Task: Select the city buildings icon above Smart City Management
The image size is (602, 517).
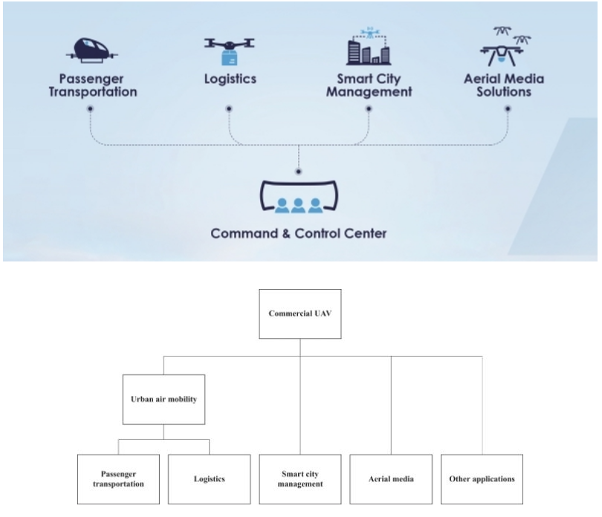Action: (x=368, y=47)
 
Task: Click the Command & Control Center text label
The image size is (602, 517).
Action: (x=299, y=233)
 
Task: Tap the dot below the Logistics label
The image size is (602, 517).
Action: (x=228, y=108)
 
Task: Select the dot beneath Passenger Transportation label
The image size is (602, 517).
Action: (x=90, y=108)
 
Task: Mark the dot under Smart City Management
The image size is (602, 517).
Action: (x=368, y=108)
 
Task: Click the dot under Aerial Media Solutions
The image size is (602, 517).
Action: (x=508, y=108)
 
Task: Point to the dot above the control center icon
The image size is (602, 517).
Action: (x=299, y=171)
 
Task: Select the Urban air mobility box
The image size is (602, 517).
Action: (x=164, y=398)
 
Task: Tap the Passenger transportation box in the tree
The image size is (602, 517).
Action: (x=119, y=479)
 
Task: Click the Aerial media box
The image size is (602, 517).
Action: (x=392, y=479)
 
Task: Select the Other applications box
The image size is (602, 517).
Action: (x=482, y=479)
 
